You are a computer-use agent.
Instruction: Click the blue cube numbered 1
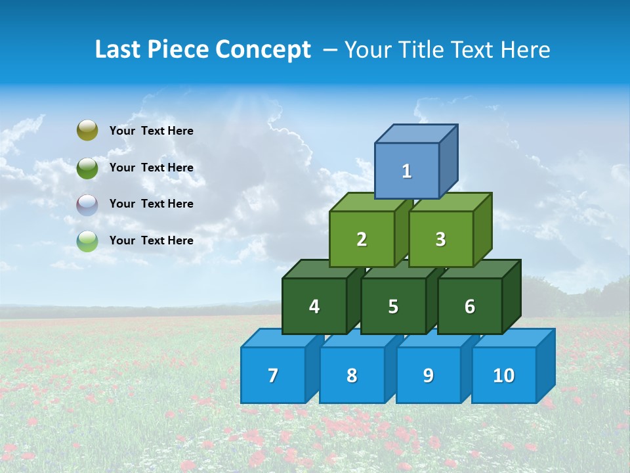pyautogui.click(x=407, y=171)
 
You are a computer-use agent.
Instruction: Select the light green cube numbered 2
pyautogui.click(x=362, y=239)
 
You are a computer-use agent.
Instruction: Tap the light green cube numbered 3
pyautogui.click(x=440, y=239)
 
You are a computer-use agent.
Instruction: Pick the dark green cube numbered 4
pyautogui.click(x=314, y=306)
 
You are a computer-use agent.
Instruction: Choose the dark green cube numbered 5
pyautogui.click(x=393, y=306)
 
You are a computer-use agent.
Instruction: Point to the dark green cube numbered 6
pyautogui.click(x=470, y=306)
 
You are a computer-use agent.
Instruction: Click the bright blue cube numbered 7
pyautogui.click(x=273, y=375)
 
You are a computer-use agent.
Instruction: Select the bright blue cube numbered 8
pyautogui.click(x=352, y=375)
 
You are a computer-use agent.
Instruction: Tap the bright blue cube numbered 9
pyautogui.click(x=429, y=375)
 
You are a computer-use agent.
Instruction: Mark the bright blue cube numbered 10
pyautogui.click(x=504, y=375)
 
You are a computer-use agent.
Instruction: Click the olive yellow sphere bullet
pyautogui.click(x=87, y=131)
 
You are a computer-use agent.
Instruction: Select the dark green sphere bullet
pyautogui.click(x=87, y=168)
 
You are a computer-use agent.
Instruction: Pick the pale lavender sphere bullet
pyautogui.click(x=87, y=204)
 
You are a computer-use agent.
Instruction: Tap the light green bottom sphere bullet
pyautogui.click(x=87, y=240)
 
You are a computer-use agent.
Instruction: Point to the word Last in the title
pyautogui.click(x=118, y=50)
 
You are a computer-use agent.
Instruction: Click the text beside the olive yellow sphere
pyautogui.click(x=152, y=131)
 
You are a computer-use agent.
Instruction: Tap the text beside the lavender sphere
pyautogui.click(x=152, y=204)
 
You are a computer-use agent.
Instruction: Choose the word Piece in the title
pyautogui.click(x=177, y=50)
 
